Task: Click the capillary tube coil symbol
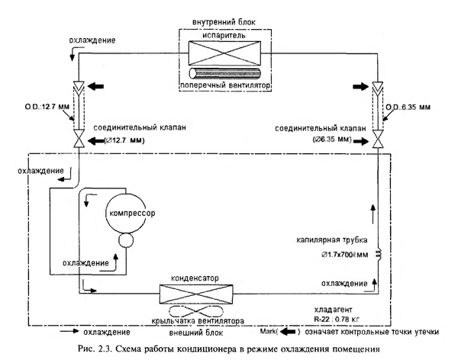tap(378, 253)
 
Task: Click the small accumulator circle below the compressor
tap(124, 241)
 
